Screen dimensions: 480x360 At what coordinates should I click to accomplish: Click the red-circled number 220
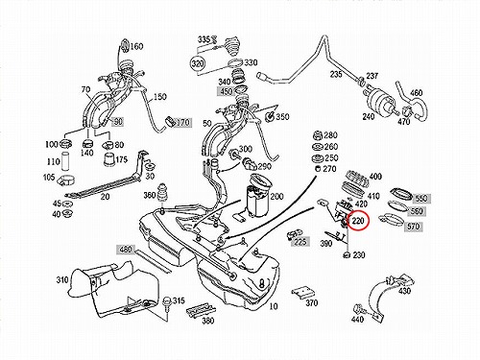pyautogui.click(x=358, y=221)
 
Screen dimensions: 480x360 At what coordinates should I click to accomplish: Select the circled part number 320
pyautogui.click(x=198, y=63)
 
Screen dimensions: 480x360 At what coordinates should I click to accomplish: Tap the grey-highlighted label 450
pyautogui.click(x=226, y=91)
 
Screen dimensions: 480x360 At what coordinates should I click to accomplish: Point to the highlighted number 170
pyautogui.click(x=182, y=122)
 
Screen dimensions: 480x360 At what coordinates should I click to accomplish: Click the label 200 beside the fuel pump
pyautogui.click(x=276, y=196)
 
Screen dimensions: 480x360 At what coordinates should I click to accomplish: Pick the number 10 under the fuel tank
pyautogui.click(x=274, y=306)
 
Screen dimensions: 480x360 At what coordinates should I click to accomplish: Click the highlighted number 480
pyautogui.click(x=126, y=249)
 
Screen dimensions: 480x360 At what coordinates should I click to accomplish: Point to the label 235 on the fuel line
pyautogui.click(x=336, y=74)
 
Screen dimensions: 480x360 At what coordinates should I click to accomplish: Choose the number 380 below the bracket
pyautogui.click(x=207, y=321)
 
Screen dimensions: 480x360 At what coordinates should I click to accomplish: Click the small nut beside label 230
pyautogui.click(x=346, y=255)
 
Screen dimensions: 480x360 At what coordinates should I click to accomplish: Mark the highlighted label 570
pyautogui.click(x=413, y=227)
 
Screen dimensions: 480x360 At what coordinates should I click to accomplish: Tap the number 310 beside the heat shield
pyautogui.click(x=62, y=280)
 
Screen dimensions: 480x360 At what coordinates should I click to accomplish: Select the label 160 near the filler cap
pyautogui.click(x=136, y=46)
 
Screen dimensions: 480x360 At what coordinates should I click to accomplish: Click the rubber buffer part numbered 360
pyautogui.click(x=162, y=193)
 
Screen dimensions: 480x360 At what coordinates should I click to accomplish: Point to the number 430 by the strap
pyautogui.click(x=404, y=291)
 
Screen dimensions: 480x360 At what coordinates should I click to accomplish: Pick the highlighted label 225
pyautogui.click(x=300, y=242)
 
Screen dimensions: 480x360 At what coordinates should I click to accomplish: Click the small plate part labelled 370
pyautogui.click(x=301, y=293)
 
